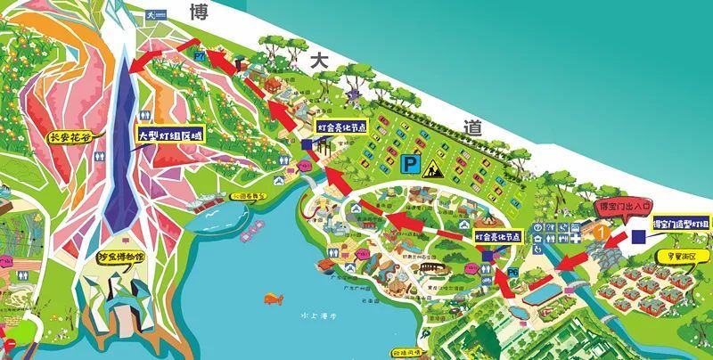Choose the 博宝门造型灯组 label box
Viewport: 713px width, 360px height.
coord(681,223)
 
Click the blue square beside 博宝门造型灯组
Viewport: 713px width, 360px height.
coord(638,237)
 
